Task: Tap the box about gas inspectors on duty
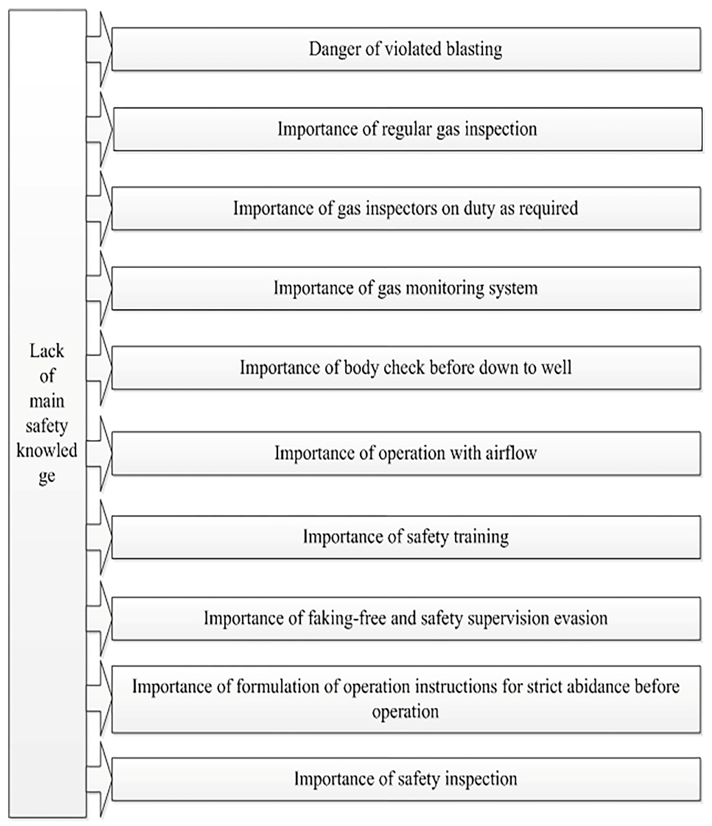pos(406,208)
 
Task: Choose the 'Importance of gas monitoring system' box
pos(406,288)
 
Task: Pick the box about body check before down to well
pos(406,367)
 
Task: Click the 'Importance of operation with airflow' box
pos(406,453)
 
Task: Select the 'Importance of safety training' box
pos(406,537)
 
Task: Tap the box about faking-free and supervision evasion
pos(406,618)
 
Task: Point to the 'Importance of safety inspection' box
pos(406,779)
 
